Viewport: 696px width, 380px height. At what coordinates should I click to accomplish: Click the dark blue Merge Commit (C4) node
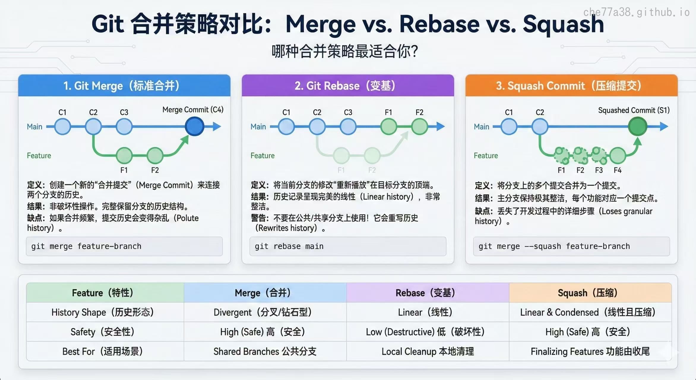pos(194,126)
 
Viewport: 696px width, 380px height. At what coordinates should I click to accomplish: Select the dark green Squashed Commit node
pos(638,126)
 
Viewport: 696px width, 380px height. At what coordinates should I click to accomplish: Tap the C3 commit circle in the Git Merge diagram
pos(124,127)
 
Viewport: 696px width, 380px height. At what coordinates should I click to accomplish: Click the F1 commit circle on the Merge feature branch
pos(124,155)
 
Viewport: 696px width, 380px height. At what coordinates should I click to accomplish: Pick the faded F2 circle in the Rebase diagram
pos(372,155)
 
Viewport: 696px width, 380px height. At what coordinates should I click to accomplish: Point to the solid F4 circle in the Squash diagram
pos(618,155)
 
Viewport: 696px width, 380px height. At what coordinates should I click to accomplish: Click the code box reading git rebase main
pos(348,246)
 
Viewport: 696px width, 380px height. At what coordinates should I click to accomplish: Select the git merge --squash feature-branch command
pos(571,246)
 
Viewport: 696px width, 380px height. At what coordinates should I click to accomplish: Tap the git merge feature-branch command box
pos(124,246)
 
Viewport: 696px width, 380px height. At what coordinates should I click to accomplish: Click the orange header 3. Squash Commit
pos(571,86)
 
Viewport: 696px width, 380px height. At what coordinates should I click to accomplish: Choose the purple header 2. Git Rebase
pos(348,86)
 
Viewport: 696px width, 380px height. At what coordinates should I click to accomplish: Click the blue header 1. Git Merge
pos(124,86)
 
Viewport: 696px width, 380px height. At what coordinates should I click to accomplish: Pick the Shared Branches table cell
pos(265,351)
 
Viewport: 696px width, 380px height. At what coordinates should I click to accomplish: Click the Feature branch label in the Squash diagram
pos(486,155)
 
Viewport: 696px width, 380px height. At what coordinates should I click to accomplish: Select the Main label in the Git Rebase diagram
pos(258,127)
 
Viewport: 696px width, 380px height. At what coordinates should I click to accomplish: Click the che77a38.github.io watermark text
pos(636,12)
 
